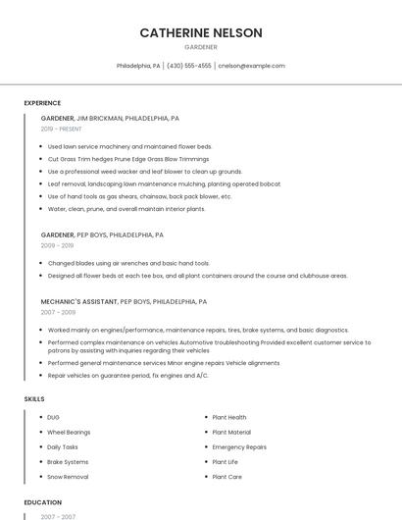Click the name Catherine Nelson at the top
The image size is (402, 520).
pos(201,32)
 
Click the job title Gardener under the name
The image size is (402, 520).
pos(201,47)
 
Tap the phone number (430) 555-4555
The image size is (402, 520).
pos(189,66)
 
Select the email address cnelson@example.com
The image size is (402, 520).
pos(251,66)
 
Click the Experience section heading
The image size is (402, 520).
pos(42,103)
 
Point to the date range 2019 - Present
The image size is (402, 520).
pos(61,129)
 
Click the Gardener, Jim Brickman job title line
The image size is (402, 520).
pos(110,118)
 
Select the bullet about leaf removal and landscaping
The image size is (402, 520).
pos(150,183)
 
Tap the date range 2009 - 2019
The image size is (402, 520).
pos(57,246)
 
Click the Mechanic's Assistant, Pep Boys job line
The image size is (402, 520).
pos(124,302)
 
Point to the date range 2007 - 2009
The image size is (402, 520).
pos(57,312)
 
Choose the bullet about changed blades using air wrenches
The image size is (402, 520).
pos(128,263)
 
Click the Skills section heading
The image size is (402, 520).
pos(34,399)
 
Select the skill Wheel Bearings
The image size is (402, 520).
pos(69,432)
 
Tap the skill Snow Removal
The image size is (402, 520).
pos(68,477)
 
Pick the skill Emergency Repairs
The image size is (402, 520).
pos(239,446)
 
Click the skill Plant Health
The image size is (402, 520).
pos(229,417)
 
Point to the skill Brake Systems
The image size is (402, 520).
pos(68,462)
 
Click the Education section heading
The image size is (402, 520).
pos(43,502)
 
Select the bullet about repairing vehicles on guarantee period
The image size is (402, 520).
pos(127,375)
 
